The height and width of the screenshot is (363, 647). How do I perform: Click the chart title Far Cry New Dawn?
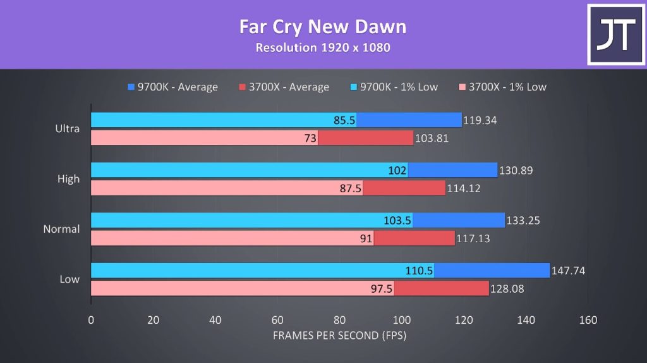[322, 27]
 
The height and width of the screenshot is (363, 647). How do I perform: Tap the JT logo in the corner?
[615, 34]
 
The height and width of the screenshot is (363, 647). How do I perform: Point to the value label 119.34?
[481, 120]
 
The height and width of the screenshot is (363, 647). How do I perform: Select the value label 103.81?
[432, 138]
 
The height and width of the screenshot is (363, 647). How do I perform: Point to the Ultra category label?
[68, 129]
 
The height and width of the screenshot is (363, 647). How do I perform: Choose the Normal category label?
[61, 229]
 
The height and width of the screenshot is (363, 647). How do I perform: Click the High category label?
[68, 179]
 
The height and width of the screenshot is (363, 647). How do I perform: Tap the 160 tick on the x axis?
[588, 320]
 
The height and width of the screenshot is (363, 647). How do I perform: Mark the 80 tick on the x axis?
[339, 320]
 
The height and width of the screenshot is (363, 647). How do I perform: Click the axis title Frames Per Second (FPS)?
[339, 336]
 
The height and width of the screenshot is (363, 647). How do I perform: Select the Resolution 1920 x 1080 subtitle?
[322, 47]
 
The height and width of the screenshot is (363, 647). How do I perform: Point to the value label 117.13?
[473, 238]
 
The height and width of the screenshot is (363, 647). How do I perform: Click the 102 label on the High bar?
[397, 170]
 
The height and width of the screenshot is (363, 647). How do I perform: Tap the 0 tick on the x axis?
[91, 320]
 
